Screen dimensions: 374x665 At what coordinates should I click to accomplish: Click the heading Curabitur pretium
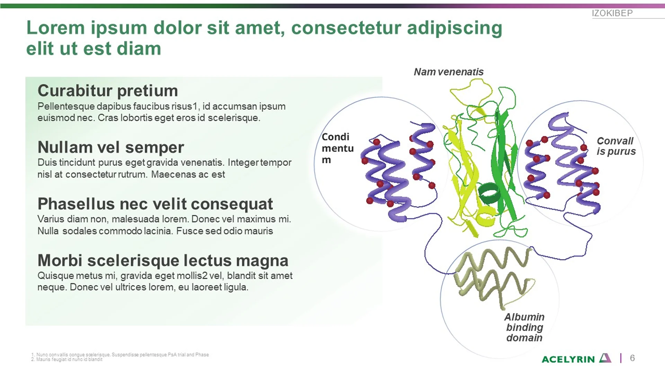[x=107, y=91]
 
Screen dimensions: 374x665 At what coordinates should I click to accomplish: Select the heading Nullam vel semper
[x=110, y=147]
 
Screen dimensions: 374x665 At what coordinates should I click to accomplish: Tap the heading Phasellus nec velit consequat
[x=155, y=204]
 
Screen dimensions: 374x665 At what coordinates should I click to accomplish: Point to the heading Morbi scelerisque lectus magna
[x=163, y=260]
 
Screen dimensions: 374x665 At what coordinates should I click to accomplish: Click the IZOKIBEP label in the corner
[x=612, y=13]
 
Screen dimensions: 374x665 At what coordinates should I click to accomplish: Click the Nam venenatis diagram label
[x=449, y=72]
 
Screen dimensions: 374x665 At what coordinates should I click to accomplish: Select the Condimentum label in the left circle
[x=337, y=148]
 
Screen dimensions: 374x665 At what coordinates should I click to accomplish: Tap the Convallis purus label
[x=616, y=146]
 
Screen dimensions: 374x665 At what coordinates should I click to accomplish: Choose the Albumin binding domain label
[x=524, y=327]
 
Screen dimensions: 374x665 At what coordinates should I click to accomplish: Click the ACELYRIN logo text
[x=568, y=359]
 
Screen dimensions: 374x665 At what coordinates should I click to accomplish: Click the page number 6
[x=632, y=358]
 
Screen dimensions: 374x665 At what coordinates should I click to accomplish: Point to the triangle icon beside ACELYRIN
[x=605, y=358]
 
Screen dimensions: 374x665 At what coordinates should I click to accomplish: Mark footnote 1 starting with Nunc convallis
[x=120, y=355]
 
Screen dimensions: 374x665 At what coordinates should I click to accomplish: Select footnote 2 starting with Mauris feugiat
[x=67, y=359]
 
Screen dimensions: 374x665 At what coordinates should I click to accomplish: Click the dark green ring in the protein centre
[x=489, y=194]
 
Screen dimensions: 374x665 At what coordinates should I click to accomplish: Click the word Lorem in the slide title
[x=55, y=28]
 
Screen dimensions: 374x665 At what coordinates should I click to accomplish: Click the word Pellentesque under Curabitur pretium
[x=66, y=106]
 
